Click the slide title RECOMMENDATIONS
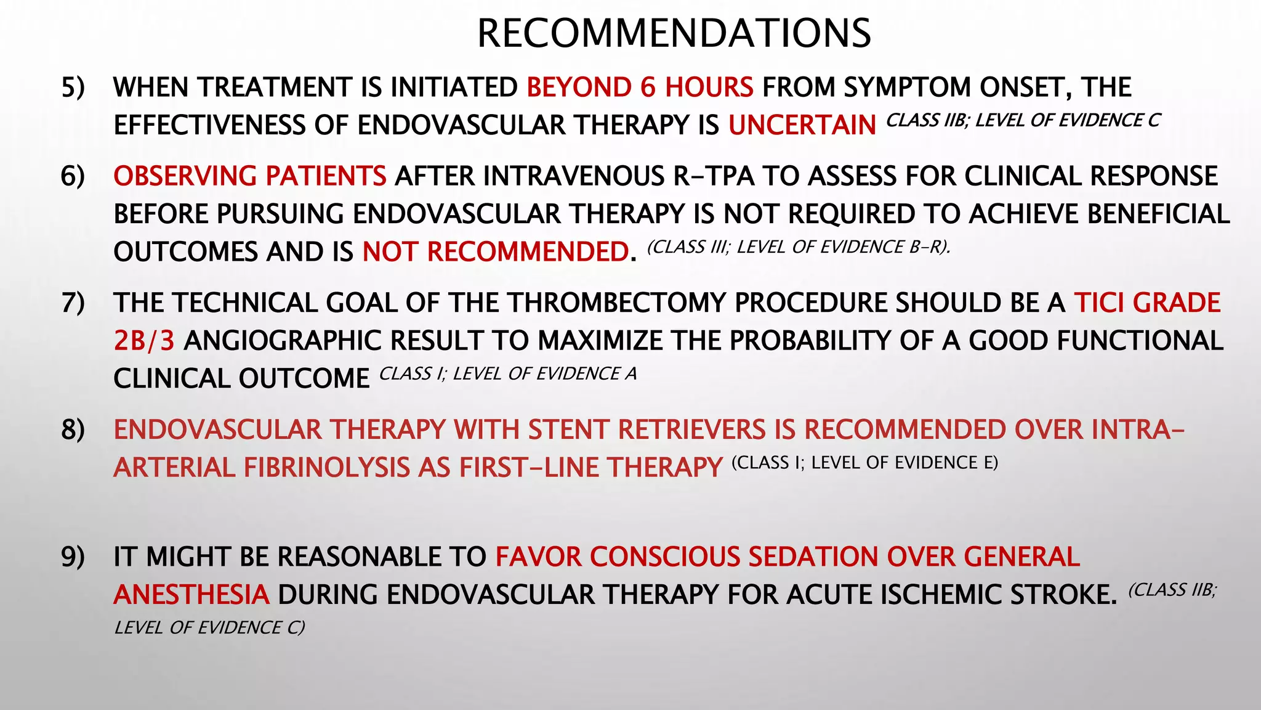pos(674,33)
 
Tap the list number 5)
pos(73,88)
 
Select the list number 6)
pos(73,176)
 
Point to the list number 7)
pos(73,303)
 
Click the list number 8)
pos(73,430)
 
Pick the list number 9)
pos(73,557)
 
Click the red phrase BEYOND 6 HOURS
pos(640,88)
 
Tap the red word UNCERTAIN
pos(802,126)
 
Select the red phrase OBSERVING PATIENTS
pos(250,176)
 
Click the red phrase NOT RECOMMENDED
pos(495,252)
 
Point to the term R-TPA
pos(714,176)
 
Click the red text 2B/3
pos(144,341)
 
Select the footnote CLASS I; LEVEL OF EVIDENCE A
pos(507,373)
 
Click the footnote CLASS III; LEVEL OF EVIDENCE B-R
pos(798,247)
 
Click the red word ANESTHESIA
pos(191,595)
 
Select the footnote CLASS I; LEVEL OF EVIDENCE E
pos(864,463)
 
